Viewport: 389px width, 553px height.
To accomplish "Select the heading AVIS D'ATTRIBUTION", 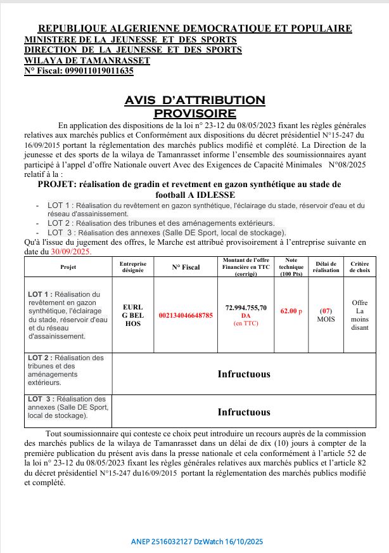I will (194, 100).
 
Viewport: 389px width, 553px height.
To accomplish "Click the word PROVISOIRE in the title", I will (194, 113).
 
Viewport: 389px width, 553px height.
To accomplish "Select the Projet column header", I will (68, 268).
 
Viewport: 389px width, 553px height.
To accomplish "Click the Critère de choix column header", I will (360, 267).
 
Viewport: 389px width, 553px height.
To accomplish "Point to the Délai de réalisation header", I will (326, 267).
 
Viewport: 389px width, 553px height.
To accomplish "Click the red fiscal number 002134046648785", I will (185, 315).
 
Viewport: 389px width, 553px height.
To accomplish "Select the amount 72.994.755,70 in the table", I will (246, 308).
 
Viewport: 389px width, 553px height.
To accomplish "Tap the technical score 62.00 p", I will (291, 311).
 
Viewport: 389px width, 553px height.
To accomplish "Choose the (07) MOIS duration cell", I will (326, 315).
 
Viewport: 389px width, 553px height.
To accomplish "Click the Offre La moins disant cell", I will (360, 315).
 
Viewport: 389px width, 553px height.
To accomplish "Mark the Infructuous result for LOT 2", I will (244, 374).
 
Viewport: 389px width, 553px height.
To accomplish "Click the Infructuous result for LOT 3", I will (244, 412).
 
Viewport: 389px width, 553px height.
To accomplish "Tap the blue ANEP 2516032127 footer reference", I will (196, 542).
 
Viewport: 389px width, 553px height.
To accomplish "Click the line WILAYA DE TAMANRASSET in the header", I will (87, 61).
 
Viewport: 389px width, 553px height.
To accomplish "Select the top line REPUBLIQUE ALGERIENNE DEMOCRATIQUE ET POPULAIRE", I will (194, 29).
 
